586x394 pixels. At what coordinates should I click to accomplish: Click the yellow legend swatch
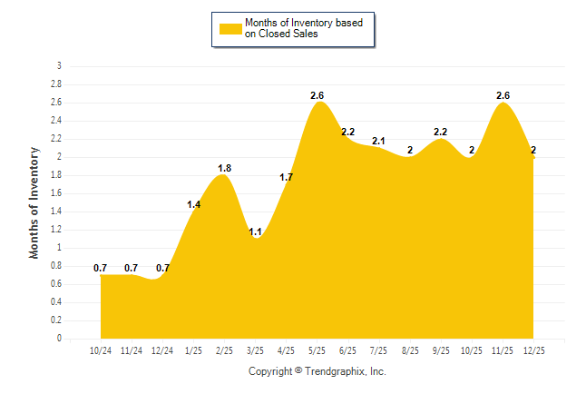click(x=230, y=29)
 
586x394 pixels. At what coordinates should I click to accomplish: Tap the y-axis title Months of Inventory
click(x=34, y=202)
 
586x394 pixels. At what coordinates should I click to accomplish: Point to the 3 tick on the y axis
click(x=59, y=66)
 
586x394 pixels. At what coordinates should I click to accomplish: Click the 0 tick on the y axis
click(x=59, y=339)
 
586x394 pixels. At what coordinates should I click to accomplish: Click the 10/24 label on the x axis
click(x=101, y=351)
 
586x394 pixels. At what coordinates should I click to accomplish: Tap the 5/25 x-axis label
click(x=317, y=351)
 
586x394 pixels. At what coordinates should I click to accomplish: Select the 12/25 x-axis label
click(x=533, y=351)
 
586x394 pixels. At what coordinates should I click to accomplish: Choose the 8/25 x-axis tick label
click(x=410, y=351)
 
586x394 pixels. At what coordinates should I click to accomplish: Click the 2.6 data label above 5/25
click(x=317, y=95)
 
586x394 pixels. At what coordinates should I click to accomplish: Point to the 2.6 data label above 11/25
click(x=503, y=95)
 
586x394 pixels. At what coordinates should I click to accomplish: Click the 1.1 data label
click(x=255, y=231)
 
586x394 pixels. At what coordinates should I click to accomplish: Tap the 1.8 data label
click(x=224, y=168)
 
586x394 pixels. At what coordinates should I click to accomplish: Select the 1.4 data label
click(x=193, y=204)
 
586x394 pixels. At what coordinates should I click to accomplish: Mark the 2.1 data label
click(x=378, y=141)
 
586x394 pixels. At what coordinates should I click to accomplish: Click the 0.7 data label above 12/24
click(x=162, y=268)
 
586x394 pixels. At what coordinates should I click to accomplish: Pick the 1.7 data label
click(x=286, y=177)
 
